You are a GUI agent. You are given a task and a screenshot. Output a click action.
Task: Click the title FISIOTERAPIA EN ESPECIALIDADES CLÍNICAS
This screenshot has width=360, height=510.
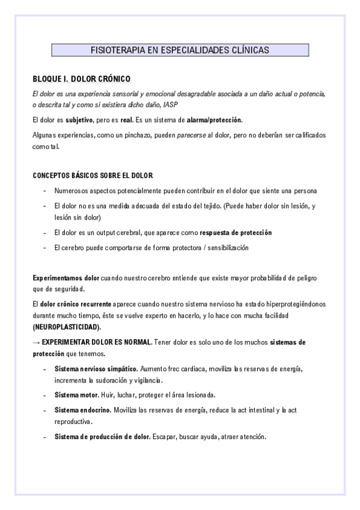click(180, 51)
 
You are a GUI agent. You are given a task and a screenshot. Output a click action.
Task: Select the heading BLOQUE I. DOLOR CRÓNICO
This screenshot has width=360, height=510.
click(81, 79)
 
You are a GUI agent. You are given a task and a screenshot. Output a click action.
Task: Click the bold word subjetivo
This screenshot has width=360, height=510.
click(80, 120)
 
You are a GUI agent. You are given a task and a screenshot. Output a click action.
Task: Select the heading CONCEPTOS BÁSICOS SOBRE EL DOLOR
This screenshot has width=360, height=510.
click(93, 176)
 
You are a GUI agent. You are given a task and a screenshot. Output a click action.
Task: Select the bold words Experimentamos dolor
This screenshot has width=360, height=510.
click(66, 278)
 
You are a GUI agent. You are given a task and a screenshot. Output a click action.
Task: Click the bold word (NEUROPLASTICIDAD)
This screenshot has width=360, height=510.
click(66, 327)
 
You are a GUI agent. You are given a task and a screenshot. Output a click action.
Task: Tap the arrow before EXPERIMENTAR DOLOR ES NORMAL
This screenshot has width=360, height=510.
click(36, 342)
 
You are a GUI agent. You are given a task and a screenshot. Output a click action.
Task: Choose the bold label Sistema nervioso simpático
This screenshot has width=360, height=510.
click(96, 368)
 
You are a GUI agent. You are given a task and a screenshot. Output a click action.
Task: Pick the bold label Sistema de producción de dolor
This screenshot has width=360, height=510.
click(102, 436)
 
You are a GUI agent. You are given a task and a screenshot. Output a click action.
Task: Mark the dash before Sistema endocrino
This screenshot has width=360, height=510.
click(45, 410)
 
